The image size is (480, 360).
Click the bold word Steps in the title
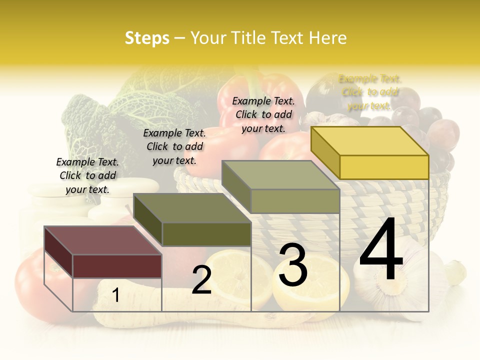tap(147, 38)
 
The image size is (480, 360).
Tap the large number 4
tap(381, 250)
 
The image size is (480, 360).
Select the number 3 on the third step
tap(293, 265)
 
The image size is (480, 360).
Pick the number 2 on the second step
tap(201, 280)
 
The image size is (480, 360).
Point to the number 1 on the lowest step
tap(116, 295)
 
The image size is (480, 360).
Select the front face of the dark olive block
tap(206, 234)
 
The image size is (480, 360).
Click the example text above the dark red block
tap(87, 175)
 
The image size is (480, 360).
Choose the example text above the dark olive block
tap(174, 146)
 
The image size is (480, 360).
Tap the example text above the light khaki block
tap(263, 114)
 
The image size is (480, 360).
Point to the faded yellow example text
tap(369, 92)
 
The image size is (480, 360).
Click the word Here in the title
tap(328, 38)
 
